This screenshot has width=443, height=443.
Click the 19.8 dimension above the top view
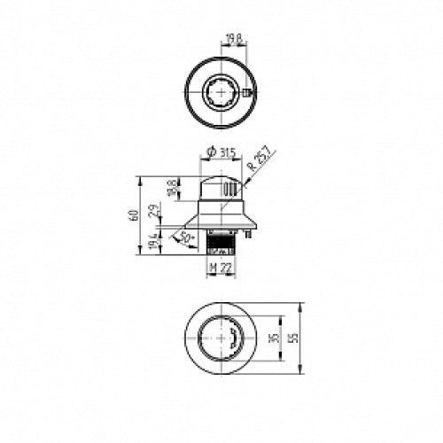coord(233,38)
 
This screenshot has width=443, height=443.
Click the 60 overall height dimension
coord(133,214)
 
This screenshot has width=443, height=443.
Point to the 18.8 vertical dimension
coord(172,188)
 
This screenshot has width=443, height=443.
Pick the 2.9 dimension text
coord(156,211)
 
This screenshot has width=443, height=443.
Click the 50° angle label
coord(186,237)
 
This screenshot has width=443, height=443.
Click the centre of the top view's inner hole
coord(221,92)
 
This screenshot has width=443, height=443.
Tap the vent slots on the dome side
coord(230,190)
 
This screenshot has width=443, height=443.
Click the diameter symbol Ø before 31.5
coord(208,153)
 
